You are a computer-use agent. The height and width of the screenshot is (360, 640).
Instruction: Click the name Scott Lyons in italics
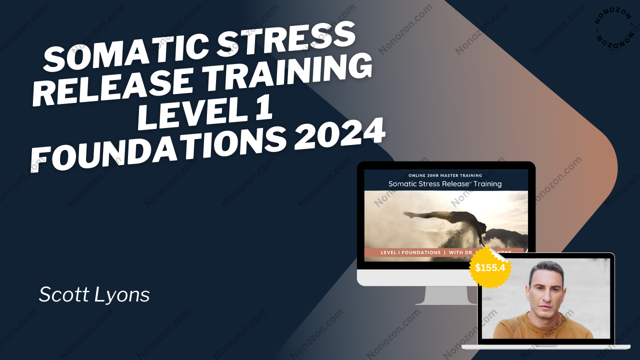94,294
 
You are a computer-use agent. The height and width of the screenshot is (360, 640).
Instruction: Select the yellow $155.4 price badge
489,267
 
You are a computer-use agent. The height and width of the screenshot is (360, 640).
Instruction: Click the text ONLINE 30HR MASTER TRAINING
445,175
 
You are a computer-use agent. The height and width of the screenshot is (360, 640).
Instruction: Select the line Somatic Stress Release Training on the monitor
445,184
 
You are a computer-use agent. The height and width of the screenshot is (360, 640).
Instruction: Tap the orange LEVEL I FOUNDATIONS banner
425,252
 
